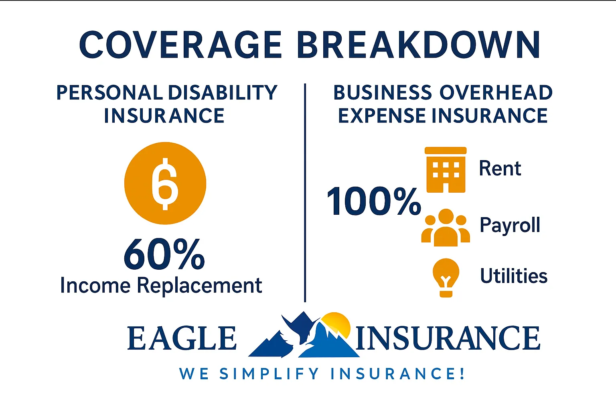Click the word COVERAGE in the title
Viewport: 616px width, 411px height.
tap(180, 45)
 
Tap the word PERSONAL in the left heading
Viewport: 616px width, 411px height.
tap(109, 93)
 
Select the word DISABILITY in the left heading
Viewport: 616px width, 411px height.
tap(223, 93)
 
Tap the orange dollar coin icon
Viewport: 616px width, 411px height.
tap(165, 183)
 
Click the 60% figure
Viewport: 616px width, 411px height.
tap(164, 254)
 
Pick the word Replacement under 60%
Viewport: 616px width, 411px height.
tap(199, 286)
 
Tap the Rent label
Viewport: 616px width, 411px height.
tap(500, 169)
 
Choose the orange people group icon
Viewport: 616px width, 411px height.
tap(446, 228)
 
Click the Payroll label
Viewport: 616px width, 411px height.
tap(510, 225)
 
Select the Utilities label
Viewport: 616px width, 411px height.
tap(514, 276)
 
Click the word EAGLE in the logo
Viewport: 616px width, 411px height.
tap(182, 338)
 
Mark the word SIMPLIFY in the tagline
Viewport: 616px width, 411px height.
tap(269, 374)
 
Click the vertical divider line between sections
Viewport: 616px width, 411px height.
tap(305, 193)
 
